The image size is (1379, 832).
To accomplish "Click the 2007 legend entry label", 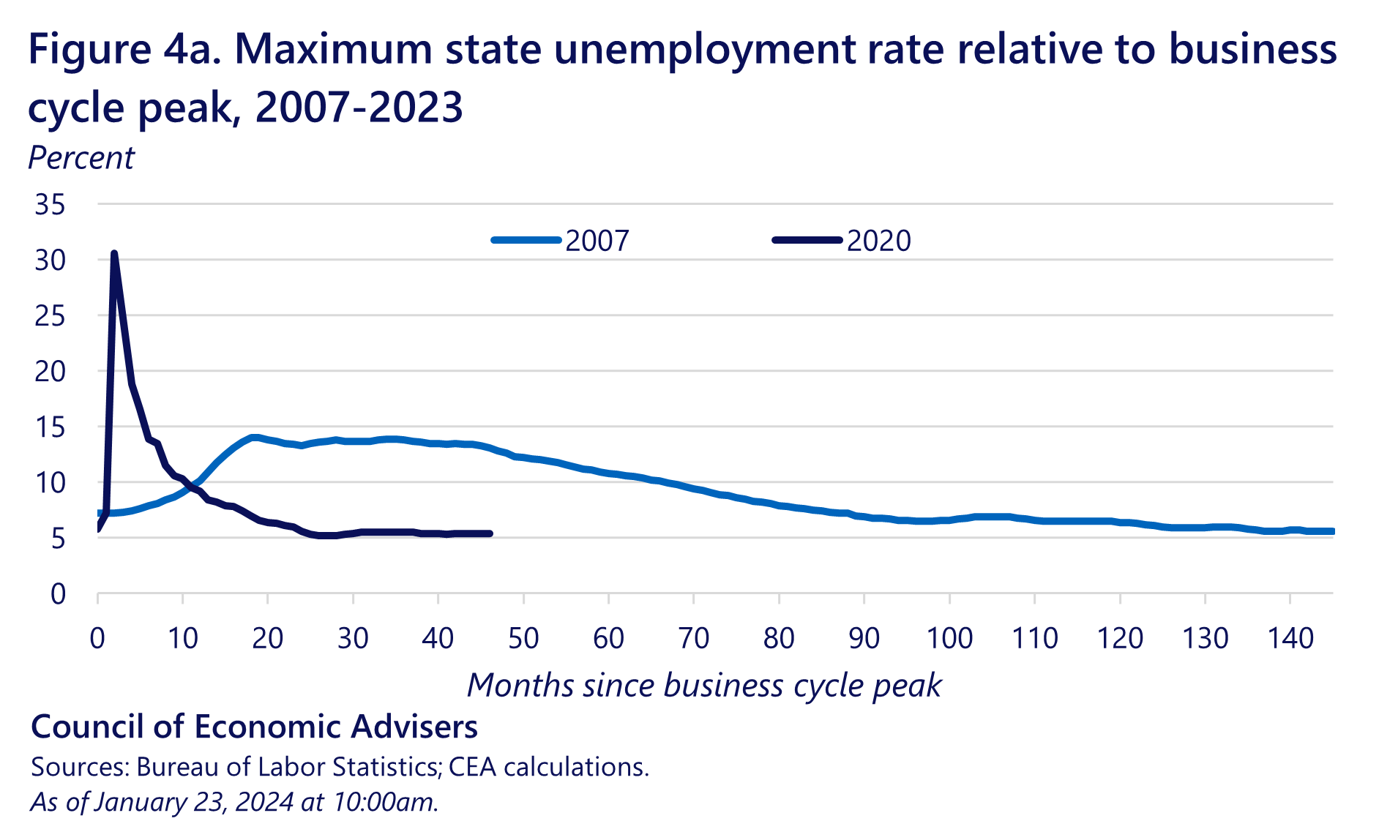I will tap(597, 241).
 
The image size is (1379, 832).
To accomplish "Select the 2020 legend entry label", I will tap(878, 241).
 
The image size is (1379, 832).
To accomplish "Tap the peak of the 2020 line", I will tap(114, 254).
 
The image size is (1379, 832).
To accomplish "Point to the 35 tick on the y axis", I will tap(50, 205).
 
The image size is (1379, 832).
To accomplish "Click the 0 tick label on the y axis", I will tap(58, 594).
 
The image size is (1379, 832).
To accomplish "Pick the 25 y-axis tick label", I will tap(50, 316).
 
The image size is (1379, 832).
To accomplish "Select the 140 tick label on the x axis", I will tap(1290, 639).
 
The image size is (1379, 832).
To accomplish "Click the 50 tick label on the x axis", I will tap(523, 639).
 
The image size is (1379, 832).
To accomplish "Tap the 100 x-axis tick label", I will tap(949, 639).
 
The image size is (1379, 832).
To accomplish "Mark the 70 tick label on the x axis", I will tap(694, 639).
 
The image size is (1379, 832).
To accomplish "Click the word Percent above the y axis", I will tap(81, 158).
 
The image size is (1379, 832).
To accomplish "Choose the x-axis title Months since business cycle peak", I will tap(704, 686).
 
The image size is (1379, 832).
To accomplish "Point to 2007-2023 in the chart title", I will tap(359, 108).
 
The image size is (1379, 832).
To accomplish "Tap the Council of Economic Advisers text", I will tap(254, 727).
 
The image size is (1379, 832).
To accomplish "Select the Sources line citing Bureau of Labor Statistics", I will tap(340, 767).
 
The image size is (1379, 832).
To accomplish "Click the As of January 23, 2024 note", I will tap(234, 802).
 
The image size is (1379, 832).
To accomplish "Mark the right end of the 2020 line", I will tap(490, 533).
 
